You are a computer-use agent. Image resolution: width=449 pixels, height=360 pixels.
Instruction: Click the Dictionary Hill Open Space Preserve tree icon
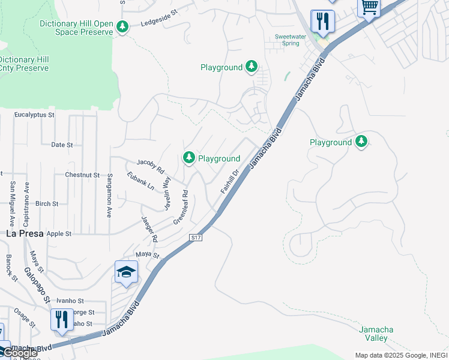pyautogui.click(x=122, y=27)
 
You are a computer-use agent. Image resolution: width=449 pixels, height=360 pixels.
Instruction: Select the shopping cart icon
pyautogui.click(x=369, y=8)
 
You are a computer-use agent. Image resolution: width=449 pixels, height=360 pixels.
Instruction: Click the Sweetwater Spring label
pyautogui.click(x=287, y=40)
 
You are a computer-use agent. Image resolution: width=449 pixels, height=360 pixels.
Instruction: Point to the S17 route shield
pyautogui.click(x=196, y=238)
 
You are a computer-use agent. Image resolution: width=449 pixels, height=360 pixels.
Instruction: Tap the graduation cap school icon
pyautogui.click(x=126, y=273)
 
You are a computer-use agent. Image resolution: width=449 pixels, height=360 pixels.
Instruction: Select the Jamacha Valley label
pyautogui.click(x=376, y=334)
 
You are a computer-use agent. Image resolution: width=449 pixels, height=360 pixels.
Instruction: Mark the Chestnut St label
pyautogui.click(x=82, y=175)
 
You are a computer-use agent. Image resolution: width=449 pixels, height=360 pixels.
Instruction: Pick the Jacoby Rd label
pyautogui.click(x=151, y=166)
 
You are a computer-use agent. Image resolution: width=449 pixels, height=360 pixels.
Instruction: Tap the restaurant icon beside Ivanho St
pyautogui.click(x=62, y=320)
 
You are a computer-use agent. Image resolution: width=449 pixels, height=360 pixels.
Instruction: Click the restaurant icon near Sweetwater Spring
pyautogui.click(x=322, y=22)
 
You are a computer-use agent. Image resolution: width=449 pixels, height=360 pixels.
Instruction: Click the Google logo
pyautogui.click(x=19, y=353)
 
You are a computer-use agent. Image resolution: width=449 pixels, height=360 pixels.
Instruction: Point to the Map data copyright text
pyautogui.click(x=400, y=355)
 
